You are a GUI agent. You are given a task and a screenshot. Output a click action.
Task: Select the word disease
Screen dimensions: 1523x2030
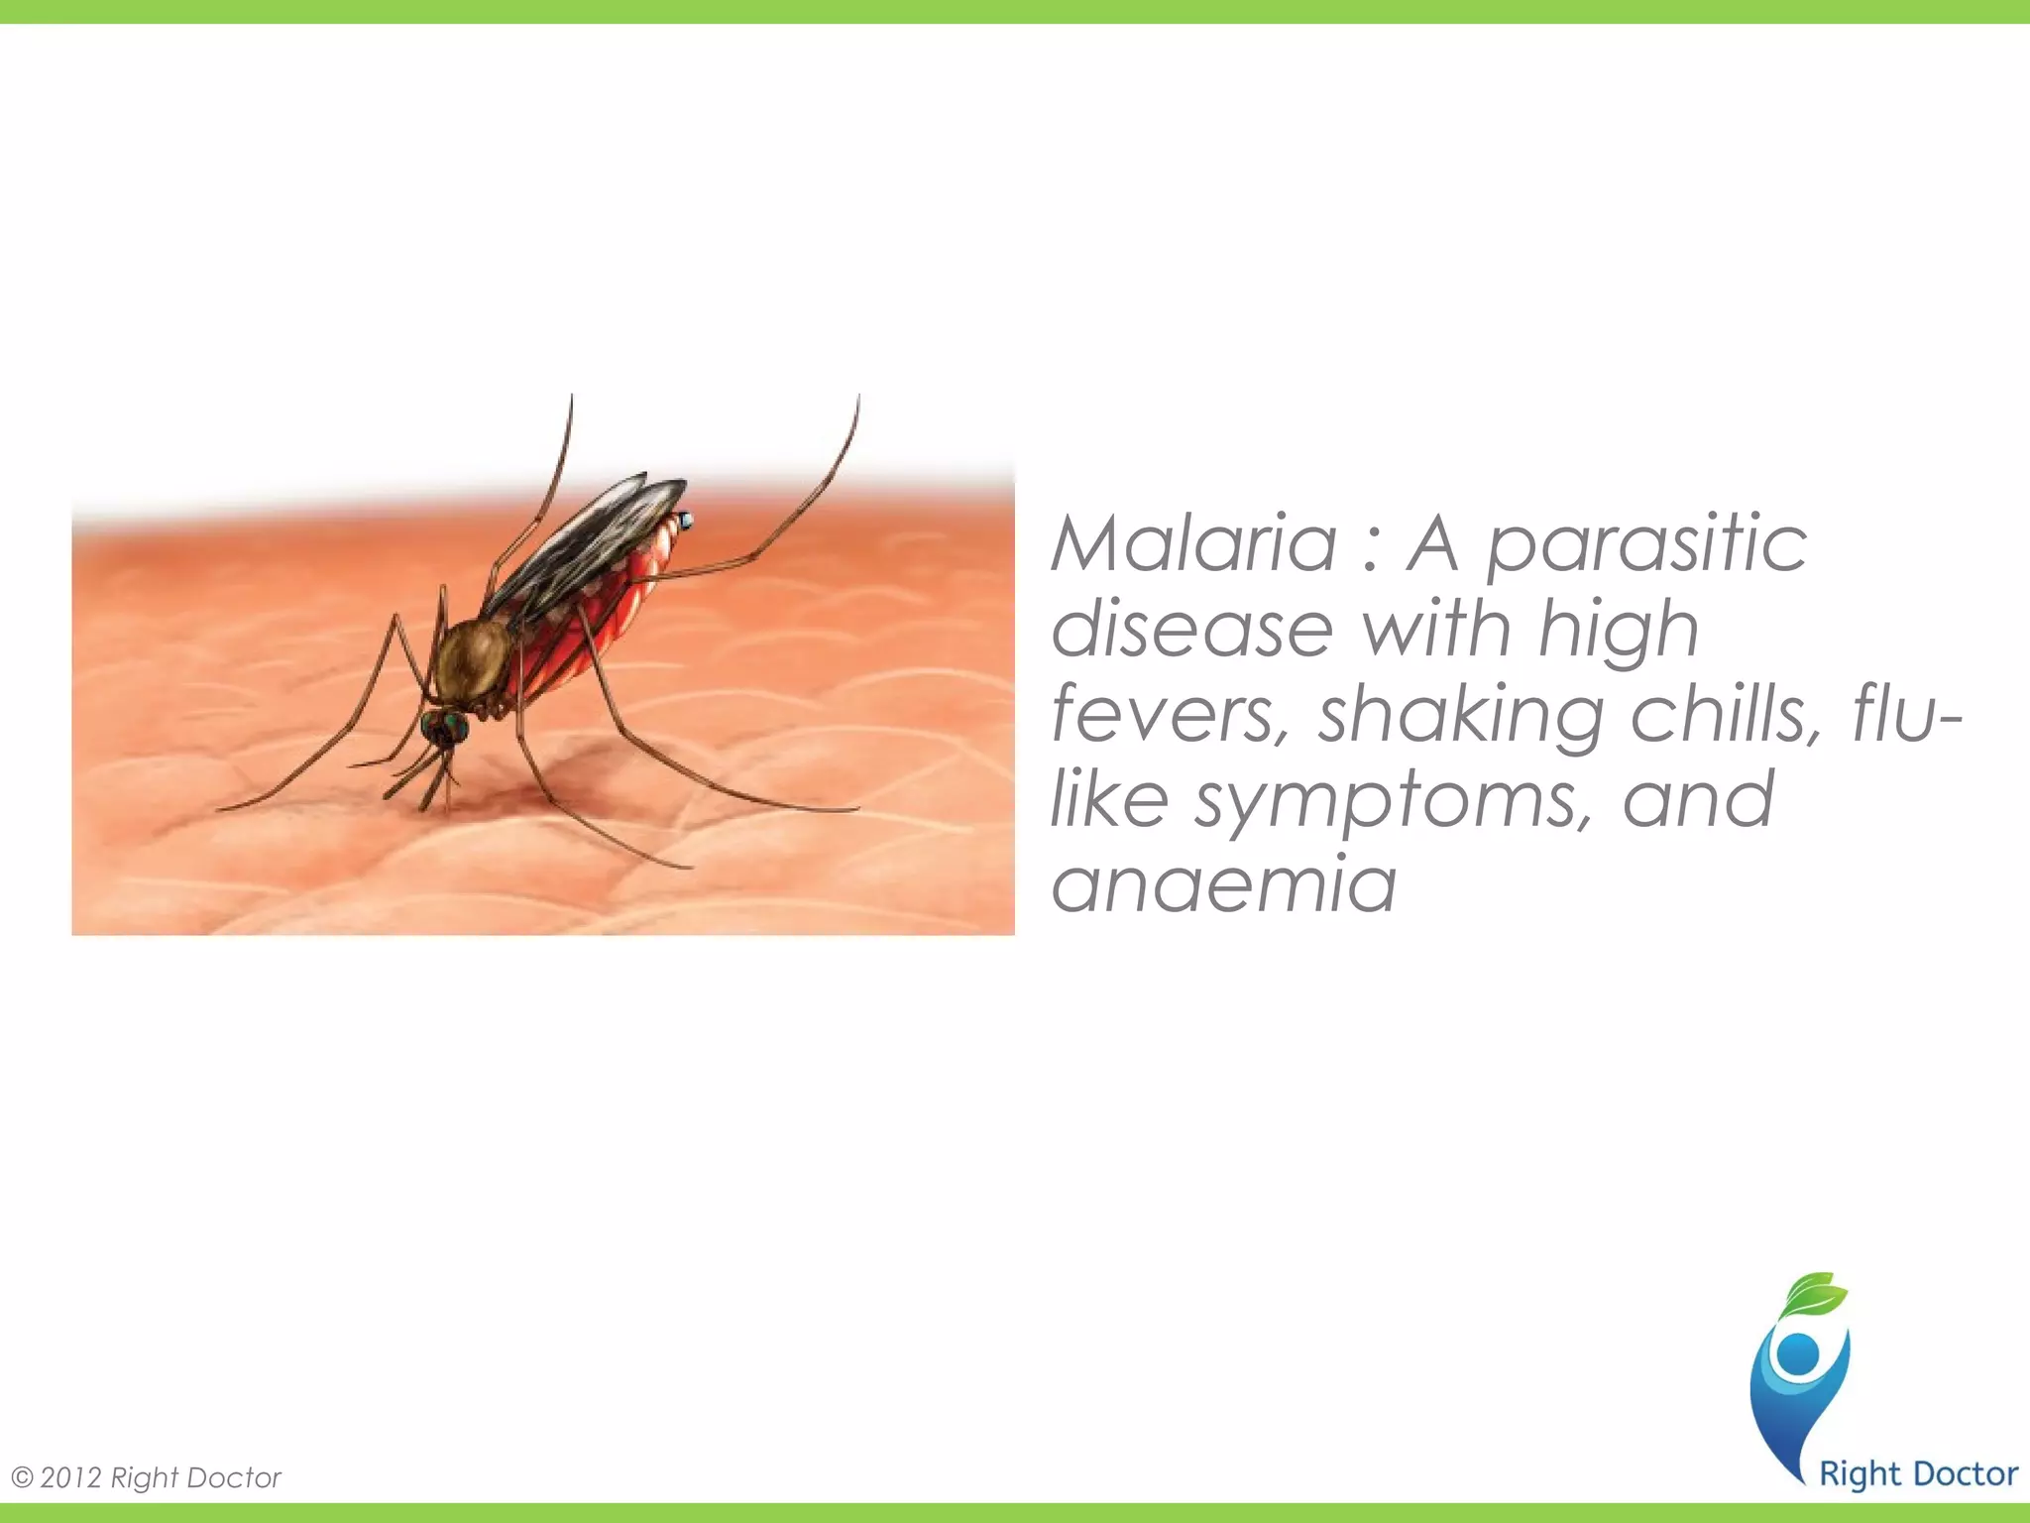[x=1191, y=630]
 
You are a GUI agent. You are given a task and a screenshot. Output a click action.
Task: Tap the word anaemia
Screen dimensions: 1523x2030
[x=1223, y=884]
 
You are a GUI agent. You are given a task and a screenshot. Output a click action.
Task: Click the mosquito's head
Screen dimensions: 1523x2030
[x=443, y=728]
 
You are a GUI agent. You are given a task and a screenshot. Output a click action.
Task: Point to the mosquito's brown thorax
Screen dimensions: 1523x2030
[x=475, y=658]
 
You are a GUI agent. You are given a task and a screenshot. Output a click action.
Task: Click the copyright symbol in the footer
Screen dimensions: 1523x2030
[x=22, y=1477]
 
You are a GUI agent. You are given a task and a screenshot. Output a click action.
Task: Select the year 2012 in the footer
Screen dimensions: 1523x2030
[x=71, y=1477]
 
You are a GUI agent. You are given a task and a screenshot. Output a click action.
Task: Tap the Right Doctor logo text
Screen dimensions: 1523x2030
[x=1918, y=1473]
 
